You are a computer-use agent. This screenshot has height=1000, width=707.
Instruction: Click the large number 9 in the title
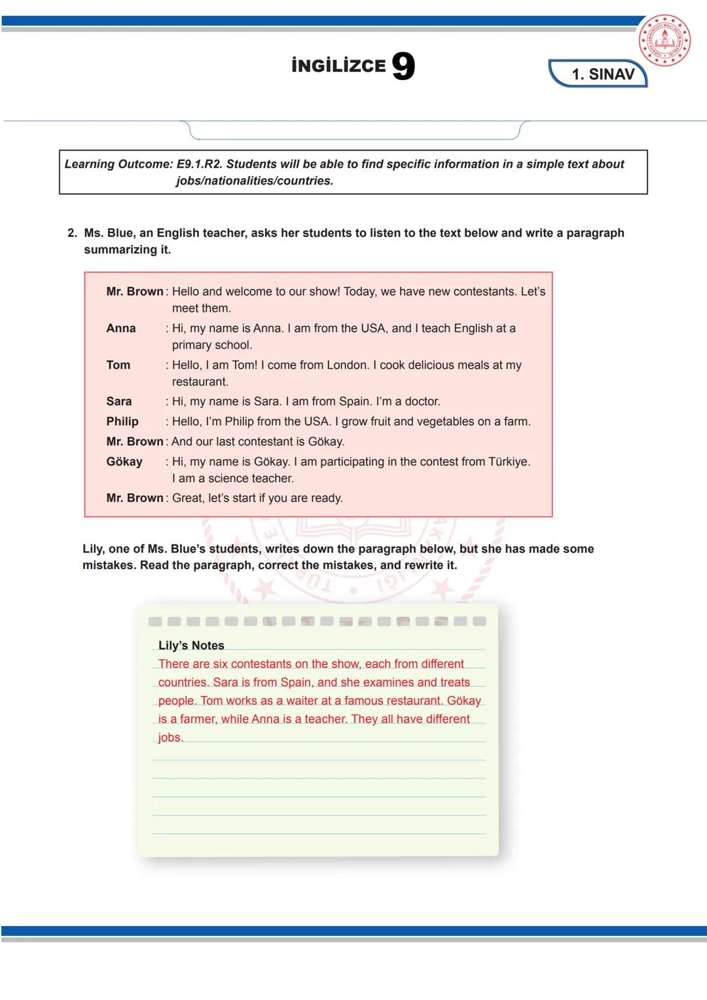pos(403,66)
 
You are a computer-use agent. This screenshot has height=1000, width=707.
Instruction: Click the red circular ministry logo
pos(664,41)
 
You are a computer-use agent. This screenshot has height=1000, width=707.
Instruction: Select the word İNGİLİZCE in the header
pos(338,65)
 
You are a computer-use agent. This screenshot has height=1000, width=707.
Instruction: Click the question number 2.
pos(72,233)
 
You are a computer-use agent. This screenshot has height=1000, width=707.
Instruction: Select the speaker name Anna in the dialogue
pos(121,328)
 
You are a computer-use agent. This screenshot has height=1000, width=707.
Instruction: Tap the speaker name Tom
pos(118,365)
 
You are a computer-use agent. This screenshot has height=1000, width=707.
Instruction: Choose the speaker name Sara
pos(119,401)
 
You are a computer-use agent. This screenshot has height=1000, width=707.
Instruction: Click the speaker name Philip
pos(122,421)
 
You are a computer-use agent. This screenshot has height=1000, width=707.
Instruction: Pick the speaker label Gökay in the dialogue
pos(124,462)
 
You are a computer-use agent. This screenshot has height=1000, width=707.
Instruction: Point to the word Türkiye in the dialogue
pos(509,462)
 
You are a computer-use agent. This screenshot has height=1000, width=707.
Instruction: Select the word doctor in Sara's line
pos(422,401)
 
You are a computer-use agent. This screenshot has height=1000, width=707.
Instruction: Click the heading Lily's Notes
pos(191,645)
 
